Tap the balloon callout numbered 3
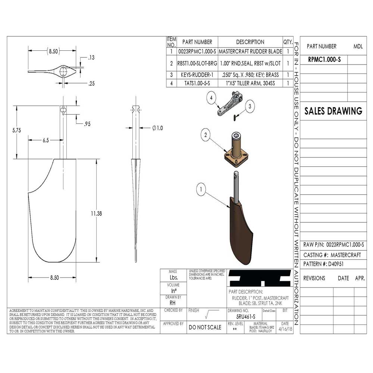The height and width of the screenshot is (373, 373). [250, 106]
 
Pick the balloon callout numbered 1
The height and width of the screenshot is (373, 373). [201, 190]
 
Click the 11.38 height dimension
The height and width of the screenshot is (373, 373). [96, 213]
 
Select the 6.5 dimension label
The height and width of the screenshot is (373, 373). [46, 140]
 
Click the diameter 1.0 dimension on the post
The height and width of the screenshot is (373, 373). [157, 128]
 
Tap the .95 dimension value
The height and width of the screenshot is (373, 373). [87, 124]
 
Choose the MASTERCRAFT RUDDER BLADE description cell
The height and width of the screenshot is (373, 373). [250, 51]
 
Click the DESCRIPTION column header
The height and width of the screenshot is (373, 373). [250, 42]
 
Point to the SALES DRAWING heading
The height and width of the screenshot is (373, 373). [333, 111]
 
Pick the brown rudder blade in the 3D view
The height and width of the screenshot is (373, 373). [239, 231]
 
